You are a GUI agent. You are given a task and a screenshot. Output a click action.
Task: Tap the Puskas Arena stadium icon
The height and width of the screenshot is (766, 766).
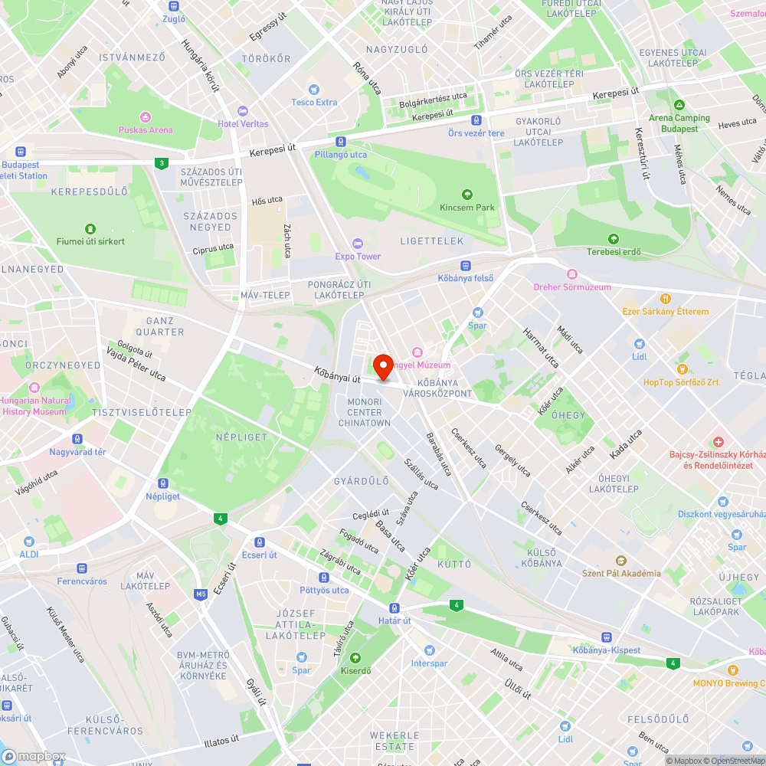pyautogui.click(x=145, y=116)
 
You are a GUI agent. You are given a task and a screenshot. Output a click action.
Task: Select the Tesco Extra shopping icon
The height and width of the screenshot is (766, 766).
pyautogui.click(x=313, y=89)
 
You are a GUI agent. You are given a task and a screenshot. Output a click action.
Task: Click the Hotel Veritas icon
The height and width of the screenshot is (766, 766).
pyautogui.click(x=243, y=111)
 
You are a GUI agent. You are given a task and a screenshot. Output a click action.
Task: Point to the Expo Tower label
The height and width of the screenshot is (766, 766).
pyautogui.click(x=358, y=256)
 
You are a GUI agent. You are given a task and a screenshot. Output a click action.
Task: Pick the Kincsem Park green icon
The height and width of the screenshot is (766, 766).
pyautogui.click(x=467, y=194)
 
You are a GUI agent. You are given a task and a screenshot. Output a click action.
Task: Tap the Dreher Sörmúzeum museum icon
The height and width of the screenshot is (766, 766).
pyautogui.click(x=571, y=274)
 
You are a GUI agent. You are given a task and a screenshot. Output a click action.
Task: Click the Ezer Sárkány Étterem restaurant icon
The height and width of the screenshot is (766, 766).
pyautogui.click(x=666, y=298)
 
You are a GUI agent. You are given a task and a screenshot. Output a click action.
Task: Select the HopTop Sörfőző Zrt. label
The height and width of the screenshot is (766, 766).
pyautogui.click(x=681, y=381)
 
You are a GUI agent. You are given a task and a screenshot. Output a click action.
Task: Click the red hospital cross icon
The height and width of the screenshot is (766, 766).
pyautogui.click(x=719, y=442)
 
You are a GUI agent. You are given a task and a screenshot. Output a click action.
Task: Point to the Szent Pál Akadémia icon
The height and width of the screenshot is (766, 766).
pyautogui.click(x=620, y=560)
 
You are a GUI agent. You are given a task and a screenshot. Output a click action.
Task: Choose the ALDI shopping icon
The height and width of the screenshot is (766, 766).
pyautogui.click(x=28, y=542)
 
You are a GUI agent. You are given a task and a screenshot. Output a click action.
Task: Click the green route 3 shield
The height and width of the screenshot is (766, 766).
pyautogui.click(x=160, y=162)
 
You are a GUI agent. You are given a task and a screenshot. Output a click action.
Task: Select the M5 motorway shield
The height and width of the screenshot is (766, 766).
pyautogui.click(x=201, y=594)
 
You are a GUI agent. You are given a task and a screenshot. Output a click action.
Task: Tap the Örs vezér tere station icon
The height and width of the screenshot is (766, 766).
pyautogui.click(x=476, y=120)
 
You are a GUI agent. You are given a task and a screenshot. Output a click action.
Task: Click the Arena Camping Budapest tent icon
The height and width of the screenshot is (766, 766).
pyautogui.click(x=679, y=105)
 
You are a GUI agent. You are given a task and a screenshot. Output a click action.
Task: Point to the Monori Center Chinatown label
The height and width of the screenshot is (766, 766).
pyautogui.click(x=365, y=412)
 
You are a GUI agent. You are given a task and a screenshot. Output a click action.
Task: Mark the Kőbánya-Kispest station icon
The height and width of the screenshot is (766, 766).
pyautogui.click(x=606, y=637)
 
